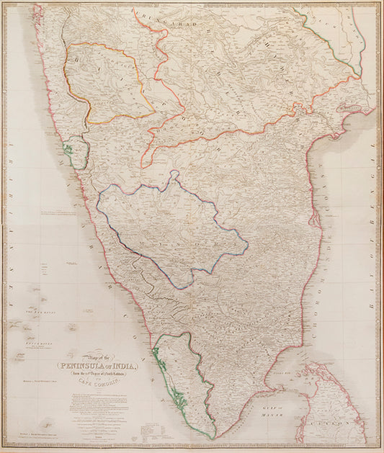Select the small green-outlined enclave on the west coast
(69, 150)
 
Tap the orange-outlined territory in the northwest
(108, 79)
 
